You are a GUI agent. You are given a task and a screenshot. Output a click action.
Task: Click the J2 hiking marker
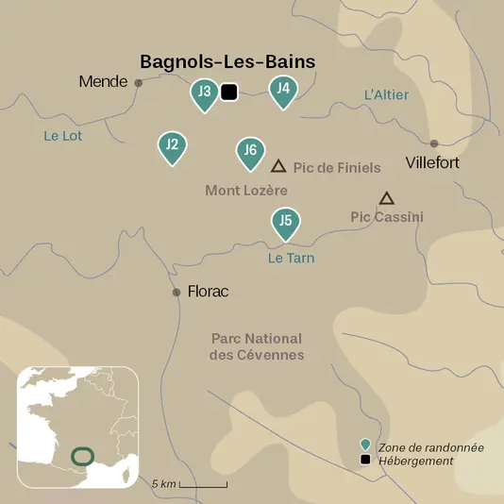(x=172, y=146)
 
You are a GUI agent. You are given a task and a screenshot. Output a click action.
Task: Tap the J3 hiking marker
(x=204, y=93)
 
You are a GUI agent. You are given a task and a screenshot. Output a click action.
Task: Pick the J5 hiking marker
(x=285, y=223)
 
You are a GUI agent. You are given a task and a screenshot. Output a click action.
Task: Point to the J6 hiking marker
(x=249, y=151)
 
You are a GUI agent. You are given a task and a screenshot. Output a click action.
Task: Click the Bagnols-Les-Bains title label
(x=227, y=61)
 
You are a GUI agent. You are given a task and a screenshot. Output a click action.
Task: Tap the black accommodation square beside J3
(x=227, y=92)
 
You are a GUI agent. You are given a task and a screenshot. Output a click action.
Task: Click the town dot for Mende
(x=139, y=83)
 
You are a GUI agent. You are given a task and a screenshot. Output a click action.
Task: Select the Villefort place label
(x=432, y=162)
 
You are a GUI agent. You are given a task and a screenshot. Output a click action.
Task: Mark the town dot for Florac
(x=176, y=293)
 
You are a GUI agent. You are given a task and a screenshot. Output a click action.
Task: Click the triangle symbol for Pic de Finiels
(x=278, y=166)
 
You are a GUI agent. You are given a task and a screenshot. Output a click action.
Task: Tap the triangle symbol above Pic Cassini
(x=386, y=198)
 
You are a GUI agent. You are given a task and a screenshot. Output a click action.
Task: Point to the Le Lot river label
(x=63, y=136)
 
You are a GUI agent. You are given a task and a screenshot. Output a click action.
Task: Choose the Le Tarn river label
(x=291, y=258)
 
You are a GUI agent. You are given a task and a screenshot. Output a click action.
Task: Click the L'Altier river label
(x=386, y=94)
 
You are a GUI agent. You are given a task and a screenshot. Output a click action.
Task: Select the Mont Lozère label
(x=246, y=191)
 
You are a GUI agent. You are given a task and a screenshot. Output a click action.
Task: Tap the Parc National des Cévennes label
(x=256, y=346)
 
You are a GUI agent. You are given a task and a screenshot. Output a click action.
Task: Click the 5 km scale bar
(x=203, y=484)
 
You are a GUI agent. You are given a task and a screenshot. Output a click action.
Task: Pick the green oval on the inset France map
(x=83, y=456)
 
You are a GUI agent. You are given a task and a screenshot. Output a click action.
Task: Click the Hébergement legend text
(x=416, y=461)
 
